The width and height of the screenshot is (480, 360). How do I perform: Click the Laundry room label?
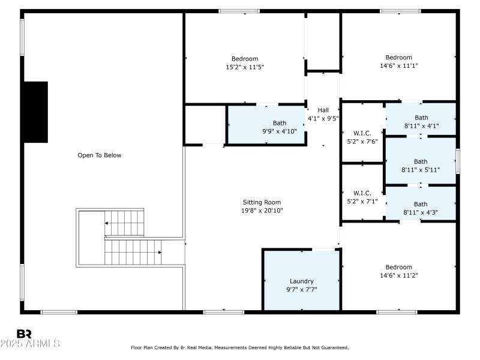coord(301,281)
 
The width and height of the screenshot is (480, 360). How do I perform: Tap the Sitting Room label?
coord(262,202)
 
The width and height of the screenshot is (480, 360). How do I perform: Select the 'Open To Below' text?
coord(100,155)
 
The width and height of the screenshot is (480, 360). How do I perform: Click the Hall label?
coord(323,110)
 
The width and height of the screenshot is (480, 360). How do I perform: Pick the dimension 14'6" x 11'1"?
coord(398,66)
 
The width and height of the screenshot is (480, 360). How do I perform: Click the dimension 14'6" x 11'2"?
coord(398,275)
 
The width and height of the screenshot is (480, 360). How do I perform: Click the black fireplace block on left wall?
coord(35,112)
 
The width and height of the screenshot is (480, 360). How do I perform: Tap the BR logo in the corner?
coord(24,333)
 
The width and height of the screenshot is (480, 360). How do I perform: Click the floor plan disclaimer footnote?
coord(239,347)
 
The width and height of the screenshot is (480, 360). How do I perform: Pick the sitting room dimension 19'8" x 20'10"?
coord(262,211)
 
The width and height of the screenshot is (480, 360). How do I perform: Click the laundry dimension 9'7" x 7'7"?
coord(301,289)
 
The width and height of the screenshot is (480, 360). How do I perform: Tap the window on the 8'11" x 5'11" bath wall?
coord(458,161)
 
